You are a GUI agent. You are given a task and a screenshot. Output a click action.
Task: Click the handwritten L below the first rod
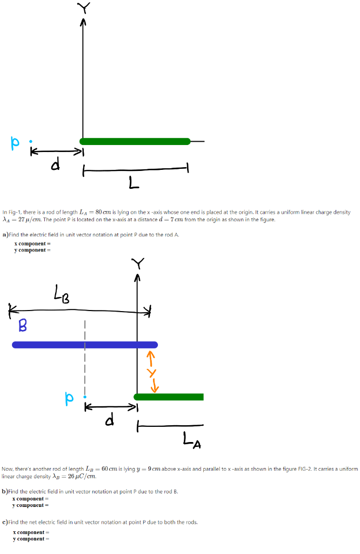pyautogui.click(x=134, y=185)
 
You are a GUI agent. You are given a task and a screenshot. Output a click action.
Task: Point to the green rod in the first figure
pyautogui.click(x=135, y=142)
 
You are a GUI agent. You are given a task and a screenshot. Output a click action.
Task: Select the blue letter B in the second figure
pyautogui.click(x=23, y=325)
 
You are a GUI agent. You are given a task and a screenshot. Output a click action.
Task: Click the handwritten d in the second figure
pyautogui.click(x=110, y=420)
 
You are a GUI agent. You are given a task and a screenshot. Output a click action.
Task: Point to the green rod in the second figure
pyautogui.click(x=169, y=397)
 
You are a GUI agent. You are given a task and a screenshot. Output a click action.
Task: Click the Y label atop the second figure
pyautogui.click(x=138, y=263)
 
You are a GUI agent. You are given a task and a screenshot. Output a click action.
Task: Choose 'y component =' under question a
pyautogui.click(x=32, y=250)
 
